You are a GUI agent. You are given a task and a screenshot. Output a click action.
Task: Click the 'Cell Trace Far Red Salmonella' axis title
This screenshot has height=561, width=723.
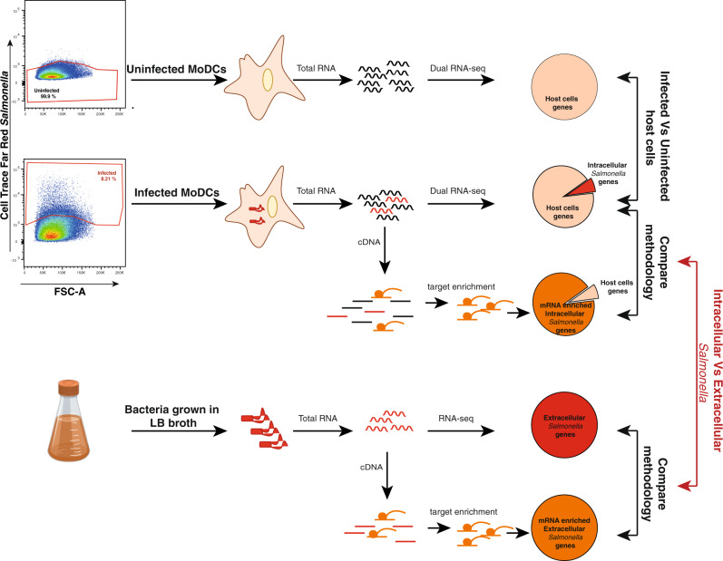[x=14, y=145]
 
